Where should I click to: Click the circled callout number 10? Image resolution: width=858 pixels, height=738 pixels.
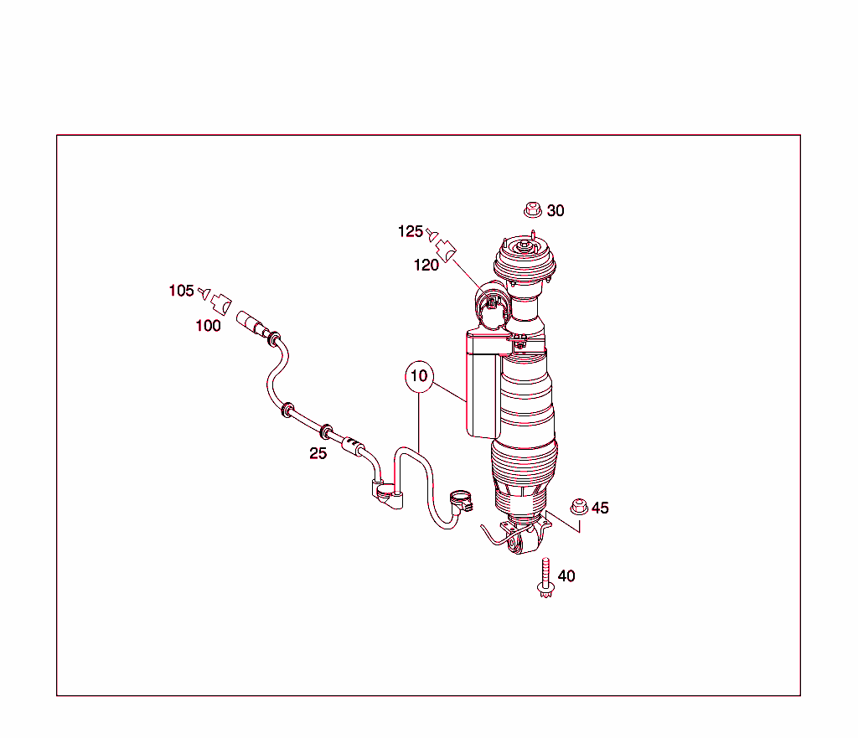point(419,376)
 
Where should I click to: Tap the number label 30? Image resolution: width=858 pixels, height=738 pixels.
point(556,210)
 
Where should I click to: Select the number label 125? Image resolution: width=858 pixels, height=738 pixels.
point(411,231)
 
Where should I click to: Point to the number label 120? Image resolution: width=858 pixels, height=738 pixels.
point(426,266)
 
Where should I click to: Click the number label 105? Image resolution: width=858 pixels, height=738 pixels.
point(181,291)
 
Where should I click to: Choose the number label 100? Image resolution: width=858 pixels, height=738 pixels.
point(208,326)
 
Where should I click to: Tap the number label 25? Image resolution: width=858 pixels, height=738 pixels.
point(318,453)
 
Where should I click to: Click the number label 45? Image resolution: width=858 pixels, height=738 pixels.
point(600,508)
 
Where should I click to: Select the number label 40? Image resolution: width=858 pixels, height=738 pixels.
point(566,575)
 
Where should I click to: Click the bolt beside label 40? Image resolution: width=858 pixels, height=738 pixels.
point(545,579)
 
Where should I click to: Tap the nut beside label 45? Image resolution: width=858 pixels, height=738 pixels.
point(577,507)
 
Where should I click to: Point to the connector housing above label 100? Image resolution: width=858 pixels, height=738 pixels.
point(220,302)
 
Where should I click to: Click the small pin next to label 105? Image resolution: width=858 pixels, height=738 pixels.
point(203,292)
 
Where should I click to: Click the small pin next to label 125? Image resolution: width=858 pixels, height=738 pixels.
point(431,233)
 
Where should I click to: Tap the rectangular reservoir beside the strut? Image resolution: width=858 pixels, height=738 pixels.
point(483,384)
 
